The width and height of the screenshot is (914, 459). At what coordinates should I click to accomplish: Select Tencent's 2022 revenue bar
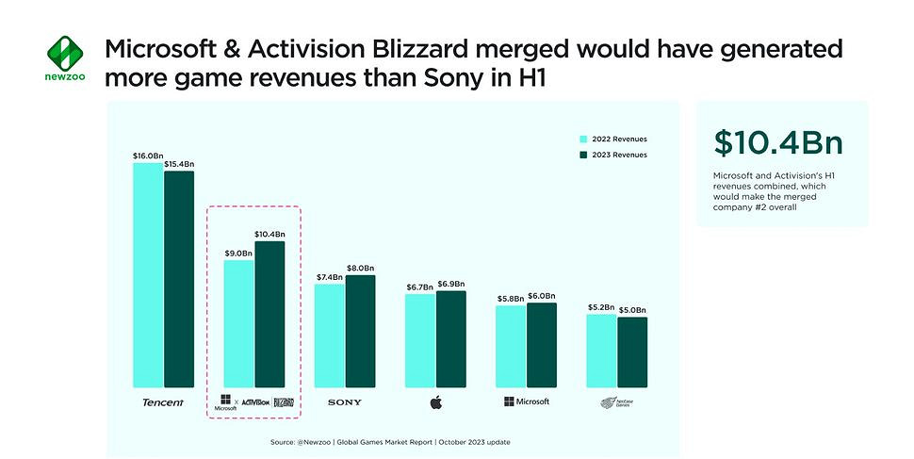point(148,274)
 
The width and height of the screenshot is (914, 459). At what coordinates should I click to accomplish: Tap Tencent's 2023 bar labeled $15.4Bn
point(179,279)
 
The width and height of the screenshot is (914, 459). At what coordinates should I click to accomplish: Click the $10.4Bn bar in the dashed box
point(269,314)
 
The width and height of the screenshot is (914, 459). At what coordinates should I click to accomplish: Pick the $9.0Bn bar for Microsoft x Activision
point(238,323)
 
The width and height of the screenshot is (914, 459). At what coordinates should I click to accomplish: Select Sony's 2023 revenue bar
point(360,331)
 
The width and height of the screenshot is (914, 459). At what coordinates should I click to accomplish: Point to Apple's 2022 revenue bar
point(420,340)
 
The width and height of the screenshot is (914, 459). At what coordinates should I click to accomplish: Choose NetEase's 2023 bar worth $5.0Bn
point(632,352)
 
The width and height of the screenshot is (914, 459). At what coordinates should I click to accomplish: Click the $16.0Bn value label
point(147,154)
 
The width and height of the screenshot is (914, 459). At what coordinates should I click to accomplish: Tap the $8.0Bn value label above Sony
point(360,267)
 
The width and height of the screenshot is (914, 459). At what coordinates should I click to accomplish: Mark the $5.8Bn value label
point(511,297)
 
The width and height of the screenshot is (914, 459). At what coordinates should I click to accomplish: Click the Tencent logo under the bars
point(163,402)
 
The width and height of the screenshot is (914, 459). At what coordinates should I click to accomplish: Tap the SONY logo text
point(344,402)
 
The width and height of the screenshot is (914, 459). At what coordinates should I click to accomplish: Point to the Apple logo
point(435,402)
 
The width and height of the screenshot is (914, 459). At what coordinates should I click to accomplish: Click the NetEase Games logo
point(617,402)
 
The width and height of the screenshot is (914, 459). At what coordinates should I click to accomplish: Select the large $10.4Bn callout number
point(778,142)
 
